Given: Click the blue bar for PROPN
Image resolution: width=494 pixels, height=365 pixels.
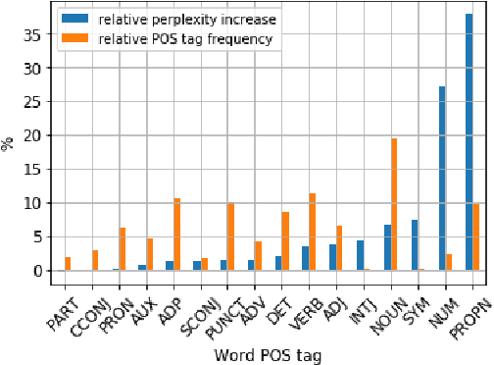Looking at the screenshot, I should [469, 140].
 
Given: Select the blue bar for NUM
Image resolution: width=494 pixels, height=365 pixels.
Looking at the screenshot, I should [442, 179].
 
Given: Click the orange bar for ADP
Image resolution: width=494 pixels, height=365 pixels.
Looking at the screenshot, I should [177, 235].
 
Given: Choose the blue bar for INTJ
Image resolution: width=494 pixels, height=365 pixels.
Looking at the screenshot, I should [360, 255].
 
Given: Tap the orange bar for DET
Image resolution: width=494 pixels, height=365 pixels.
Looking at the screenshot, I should [285, 240].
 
